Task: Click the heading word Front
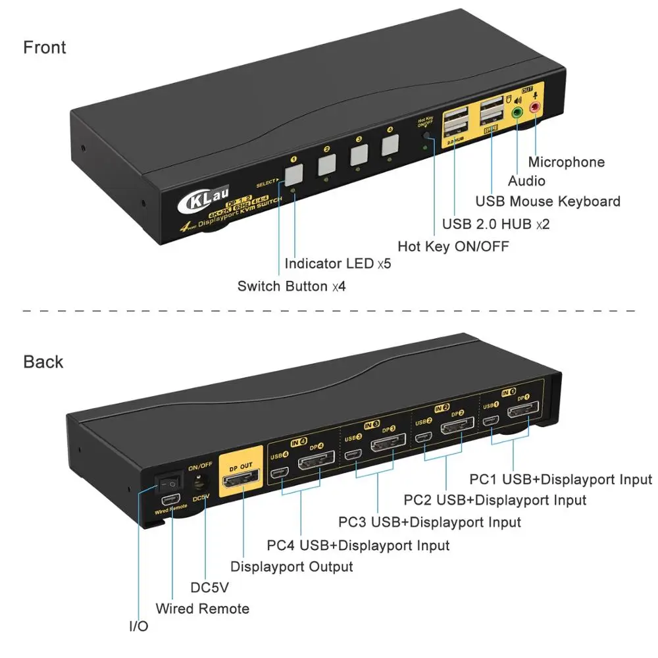45,47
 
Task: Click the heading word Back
43,362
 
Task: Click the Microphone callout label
567,162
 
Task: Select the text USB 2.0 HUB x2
495,224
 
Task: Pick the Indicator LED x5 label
338,264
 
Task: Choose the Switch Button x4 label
291,286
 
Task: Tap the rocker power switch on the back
166,482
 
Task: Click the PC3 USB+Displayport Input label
430,522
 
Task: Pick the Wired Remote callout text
203,609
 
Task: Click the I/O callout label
139,626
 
